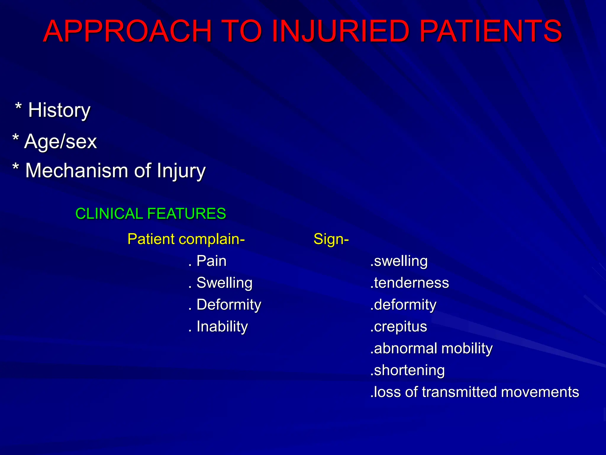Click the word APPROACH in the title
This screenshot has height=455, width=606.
point(127,31)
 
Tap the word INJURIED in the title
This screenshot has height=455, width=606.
point(340,31)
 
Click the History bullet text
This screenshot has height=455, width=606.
point(59,110)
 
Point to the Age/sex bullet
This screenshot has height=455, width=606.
point(60,141)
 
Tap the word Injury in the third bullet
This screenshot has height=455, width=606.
point(181,171)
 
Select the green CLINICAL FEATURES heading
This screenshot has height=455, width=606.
point(151,214)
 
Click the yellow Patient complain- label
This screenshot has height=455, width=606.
point(186,239)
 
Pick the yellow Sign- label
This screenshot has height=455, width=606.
point(331,239)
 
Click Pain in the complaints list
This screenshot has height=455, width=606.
point(211,261)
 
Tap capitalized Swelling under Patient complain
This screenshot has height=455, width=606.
point(224,283)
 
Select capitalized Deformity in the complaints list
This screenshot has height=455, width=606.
point(229,305)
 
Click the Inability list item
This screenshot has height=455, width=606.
point(222,327)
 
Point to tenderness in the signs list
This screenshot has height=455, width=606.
point(411,283)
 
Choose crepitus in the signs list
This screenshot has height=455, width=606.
point(400,327)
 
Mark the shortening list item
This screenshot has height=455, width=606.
point(409,370)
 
